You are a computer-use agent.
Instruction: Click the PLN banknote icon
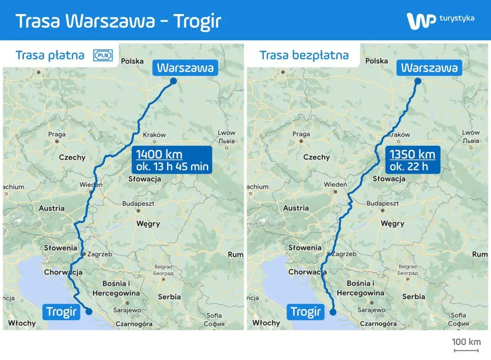103,56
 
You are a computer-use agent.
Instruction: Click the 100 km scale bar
466,350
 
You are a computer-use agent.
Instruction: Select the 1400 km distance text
159,155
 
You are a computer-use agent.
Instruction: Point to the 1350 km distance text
412,155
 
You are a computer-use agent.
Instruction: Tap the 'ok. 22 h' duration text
409,166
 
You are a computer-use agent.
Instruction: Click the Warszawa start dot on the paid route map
173,81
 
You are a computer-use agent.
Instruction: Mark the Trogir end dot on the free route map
333,312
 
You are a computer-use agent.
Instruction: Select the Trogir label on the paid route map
61,312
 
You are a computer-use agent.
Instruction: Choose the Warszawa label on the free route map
429,68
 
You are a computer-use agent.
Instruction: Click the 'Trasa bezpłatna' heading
304,55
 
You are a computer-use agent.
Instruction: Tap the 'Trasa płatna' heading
50,55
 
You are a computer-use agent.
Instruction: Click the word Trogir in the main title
198,21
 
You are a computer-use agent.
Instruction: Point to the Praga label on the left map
57,135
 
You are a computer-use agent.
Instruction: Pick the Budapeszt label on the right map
382,204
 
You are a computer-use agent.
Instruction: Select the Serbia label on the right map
414,296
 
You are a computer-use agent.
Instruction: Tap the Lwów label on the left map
226,133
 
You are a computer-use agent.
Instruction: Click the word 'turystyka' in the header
456,18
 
